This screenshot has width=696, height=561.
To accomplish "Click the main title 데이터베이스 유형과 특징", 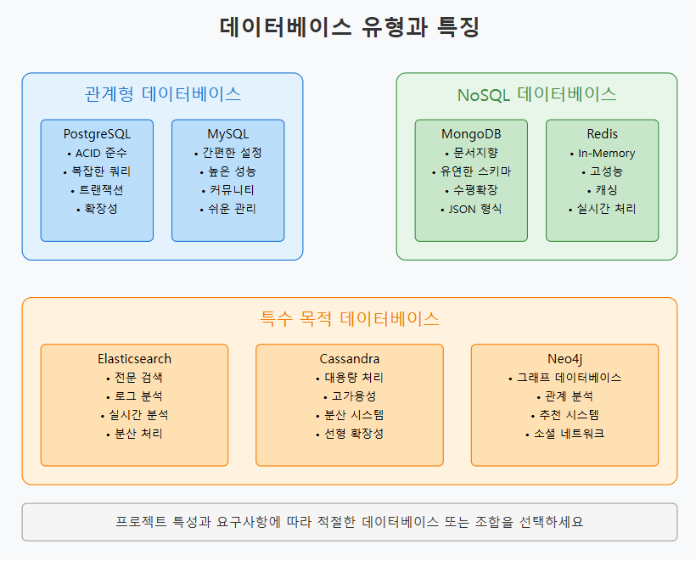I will (x=349, y=27).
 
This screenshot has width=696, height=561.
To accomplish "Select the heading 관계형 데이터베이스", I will (x=162, y=94).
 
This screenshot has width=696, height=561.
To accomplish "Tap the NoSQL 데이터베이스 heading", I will (x=536, y=94).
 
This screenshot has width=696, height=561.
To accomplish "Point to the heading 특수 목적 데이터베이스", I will (x=349, y=319).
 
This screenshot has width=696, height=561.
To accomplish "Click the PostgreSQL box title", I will (x=97, y=134).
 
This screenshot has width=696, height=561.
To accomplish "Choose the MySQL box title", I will (x=227, y=134).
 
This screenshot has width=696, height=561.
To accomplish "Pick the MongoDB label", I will (x=471, y=134).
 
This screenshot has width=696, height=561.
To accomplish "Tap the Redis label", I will (x=602, y=134).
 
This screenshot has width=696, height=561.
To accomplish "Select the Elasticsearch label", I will (x=134, y=359).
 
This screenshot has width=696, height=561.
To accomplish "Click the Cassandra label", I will (x=349, y=359).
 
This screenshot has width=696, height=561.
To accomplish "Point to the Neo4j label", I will (x=564, y=359).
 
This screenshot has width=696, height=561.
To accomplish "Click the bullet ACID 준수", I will (x=100, y=153).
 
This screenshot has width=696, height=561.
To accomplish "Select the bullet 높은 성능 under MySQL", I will (x=231, y=171).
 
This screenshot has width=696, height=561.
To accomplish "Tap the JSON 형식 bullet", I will (x=474, y=209).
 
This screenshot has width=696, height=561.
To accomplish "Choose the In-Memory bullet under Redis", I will (x=606, y=153).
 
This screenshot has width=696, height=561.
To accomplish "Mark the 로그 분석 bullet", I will (x=138, y=396).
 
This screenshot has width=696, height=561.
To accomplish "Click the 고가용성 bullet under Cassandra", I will (x=352, y=396).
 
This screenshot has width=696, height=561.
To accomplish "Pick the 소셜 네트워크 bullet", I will (x=568, y=434).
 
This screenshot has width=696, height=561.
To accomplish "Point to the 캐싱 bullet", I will (x=605, y=190).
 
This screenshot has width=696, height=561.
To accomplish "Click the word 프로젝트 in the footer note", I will (x=139, y=522).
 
